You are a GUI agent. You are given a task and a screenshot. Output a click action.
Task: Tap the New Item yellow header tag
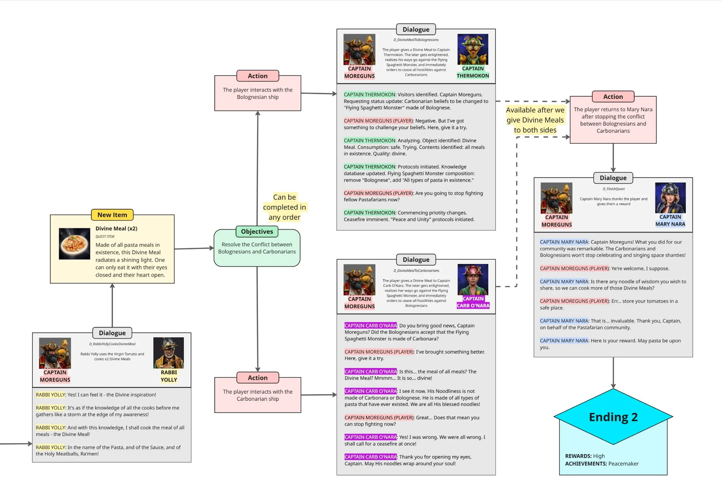pos(112,215)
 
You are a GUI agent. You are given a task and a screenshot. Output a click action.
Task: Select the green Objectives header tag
pos(257,231)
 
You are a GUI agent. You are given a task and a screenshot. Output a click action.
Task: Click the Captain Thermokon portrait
pos(472,49)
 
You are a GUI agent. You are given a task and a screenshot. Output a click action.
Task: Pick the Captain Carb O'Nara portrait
pos(472,279)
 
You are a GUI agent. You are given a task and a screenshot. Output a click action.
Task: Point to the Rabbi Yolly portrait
pos(168,353)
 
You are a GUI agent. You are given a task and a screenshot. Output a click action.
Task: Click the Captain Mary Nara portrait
pos(670,198)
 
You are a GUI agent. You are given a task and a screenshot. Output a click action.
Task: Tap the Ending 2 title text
pos(613,417)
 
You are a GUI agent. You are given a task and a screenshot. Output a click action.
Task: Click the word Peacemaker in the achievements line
pos(623,463)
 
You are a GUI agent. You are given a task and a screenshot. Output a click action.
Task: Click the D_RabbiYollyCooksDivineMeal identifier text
pos(112,344)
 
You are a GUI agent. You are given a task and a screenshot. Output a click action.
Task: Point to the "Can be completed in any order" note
pos(284,207)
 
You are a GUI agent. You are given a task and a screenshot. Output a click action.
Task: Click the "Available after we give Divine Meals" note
pos(535,120)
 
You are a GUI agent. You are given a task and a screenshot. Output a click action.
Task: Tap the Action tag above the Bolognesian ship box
pos(257,76)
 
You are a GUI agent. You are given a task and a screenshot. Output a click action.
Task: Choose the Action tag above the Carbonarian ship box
pos(257,378)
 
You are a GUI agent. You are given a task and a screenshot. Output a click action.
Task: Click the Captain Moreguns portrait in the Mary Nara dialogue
pos(556,198)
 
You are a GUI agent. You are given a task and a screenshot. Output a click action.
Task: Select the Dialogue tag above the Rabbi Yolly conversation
pos(112,333)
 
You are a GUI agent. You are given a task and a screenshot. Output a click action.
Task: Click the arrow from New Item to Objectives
pos(194,248)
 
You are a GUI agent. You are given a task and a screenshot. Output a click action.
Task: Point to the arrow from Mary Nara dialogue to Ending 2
pos(613,372)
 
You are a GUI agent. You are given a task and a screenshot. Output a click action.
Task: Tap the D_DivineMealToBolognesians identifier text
pos(416,40)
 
